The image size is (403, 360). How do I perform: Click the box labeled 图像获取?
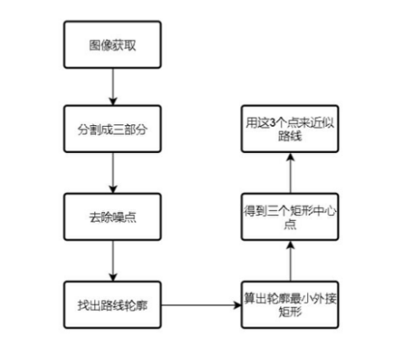[111, 46]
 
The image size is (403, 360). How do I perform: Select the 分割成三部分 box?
[111, 132]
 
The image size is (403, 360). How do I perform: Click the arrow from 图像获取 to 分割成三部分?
[111, 88]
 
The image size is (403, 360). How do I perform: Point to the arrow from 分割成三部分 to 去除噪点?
[111, 175]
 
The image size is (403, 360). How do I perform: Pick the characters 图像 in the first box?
[100, 46]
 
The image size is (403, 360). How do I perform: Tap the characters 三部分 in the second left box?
[125, 132]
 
